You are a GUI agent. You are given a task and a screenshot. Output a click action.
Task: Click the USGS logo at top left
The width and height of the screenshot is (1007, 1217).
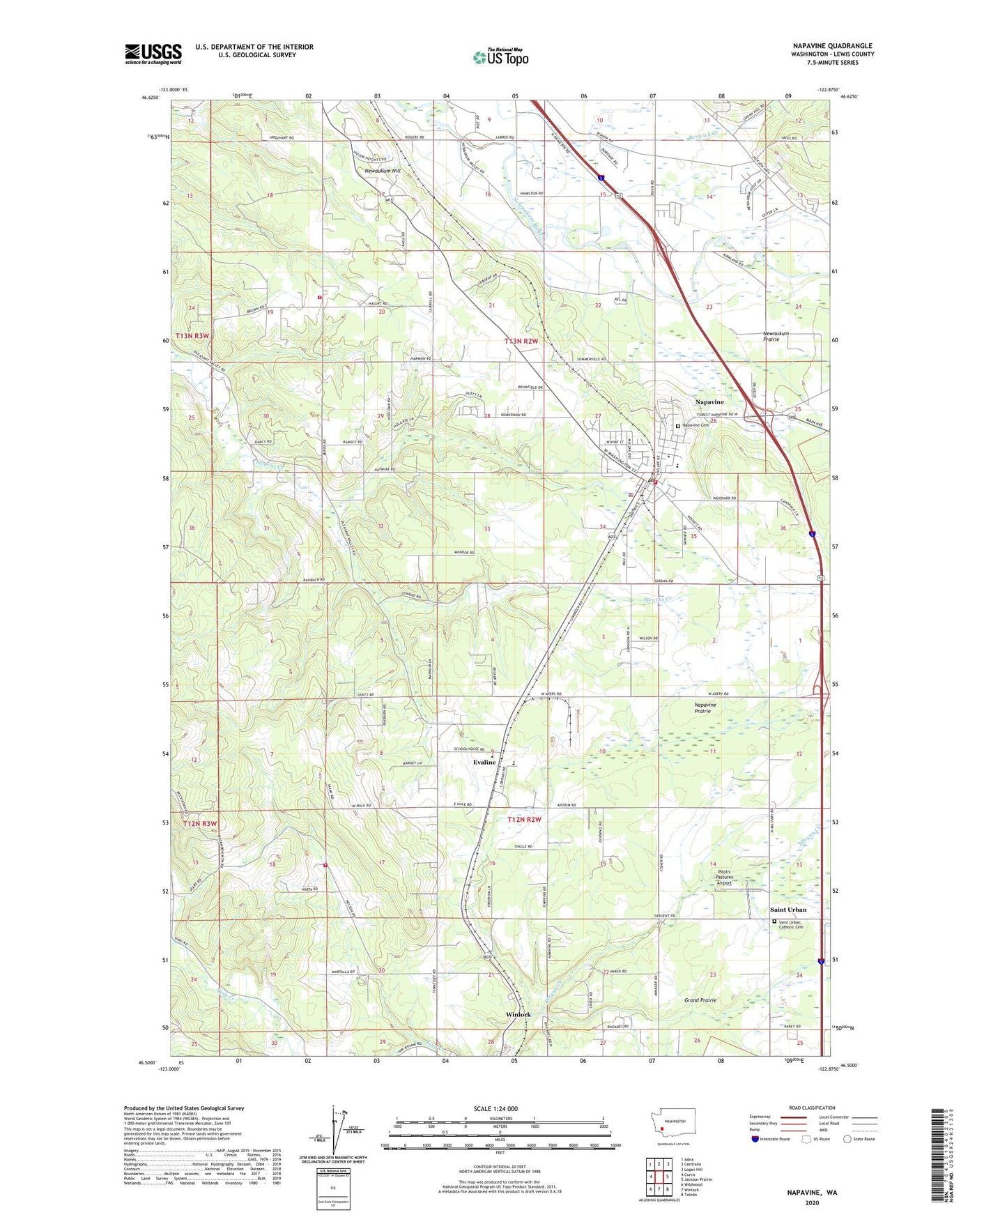point(153,54)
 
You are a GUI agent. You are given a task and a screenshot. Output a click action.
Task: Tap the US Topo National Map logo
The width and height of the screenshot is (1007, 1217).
point(500,56)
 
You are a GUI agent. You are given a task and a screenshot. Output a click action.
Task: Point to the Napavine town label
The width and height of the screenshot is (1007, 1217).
point(709,402)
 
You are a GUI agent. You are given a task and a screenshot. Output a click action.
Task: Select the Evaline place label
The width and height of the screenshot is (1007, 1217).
point(484,763)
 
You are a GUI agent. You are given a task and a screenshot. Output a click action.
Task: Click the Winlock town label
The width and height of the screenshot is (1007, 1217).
point(518,1014)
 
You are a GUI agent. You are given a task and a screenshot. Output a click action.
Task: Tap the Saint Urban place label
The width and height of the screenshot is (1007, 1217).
point(787,910)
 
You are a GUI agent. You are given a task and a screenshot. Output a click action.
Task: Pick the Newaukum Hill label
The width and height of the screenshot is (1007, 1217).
point(383,171)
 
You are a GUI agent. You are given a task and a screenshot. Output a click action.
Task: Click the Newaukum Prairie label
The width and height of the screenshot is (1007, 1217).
point(776,336)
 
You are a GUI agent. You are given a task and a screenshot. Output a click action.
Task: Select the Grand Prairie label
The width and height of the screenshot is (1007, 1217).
point(700,1000)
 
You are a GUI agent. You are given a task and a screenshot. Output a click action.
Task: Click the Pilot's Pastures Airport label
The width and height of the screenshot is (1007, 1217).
point(724,878)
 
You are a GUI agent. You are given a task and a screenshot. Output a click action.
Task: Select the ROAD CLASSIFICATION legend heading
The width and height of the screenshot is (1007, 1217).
point(812,1108)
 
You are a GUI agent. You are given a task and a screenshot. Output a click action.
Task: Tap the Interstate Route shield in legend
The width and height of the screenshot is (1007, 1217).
point(755,1139)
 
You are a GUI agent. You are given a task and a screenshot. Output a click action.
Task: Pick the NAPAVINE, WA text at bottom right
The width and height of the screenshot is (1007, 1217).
point(812,1193)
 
